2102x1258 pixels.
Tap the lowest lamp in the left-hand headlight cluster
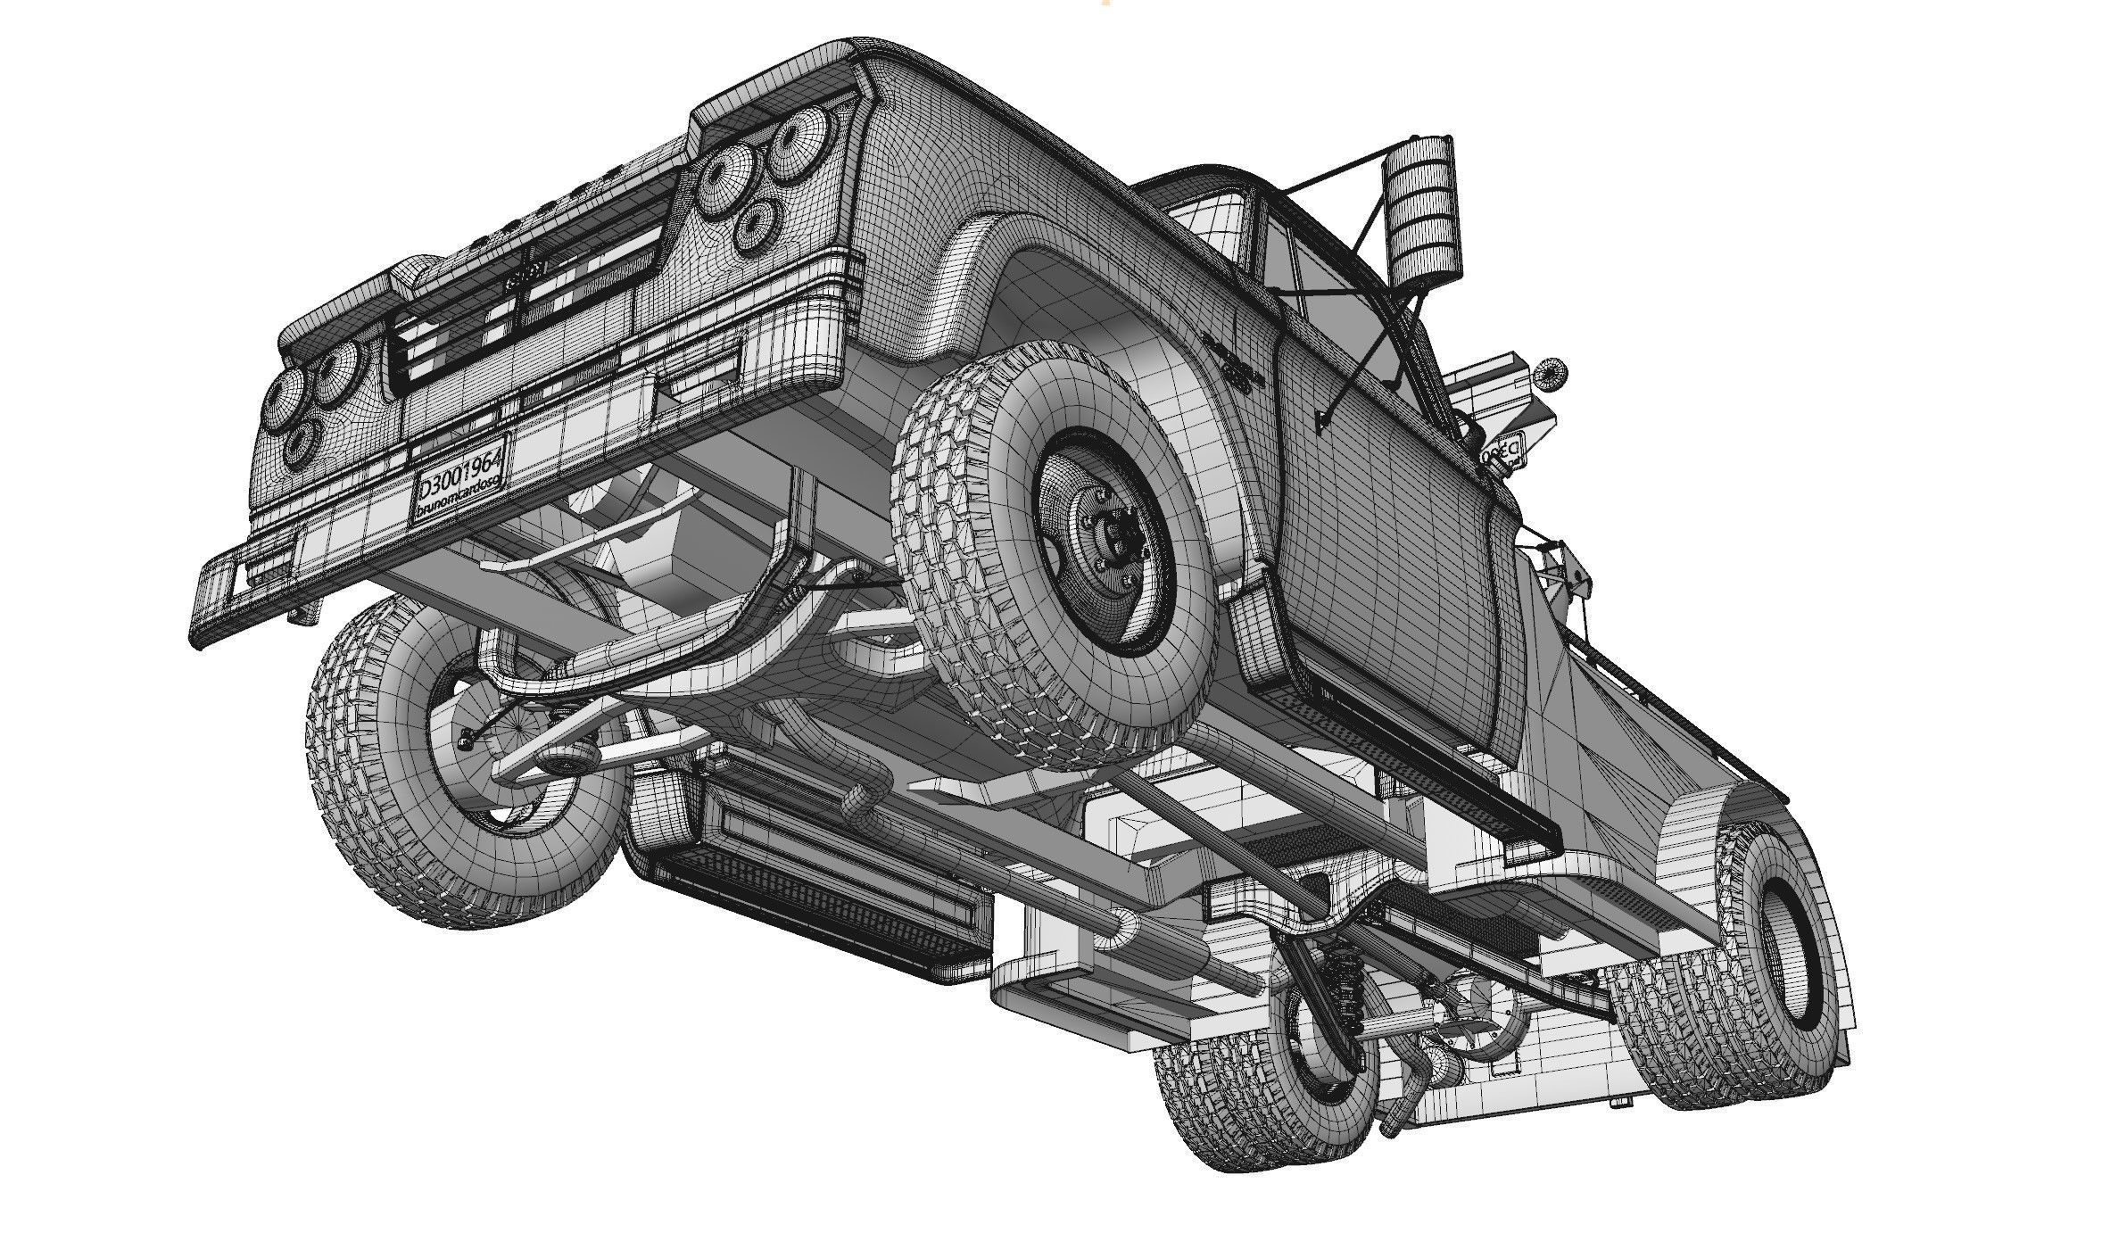[301, 443]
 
